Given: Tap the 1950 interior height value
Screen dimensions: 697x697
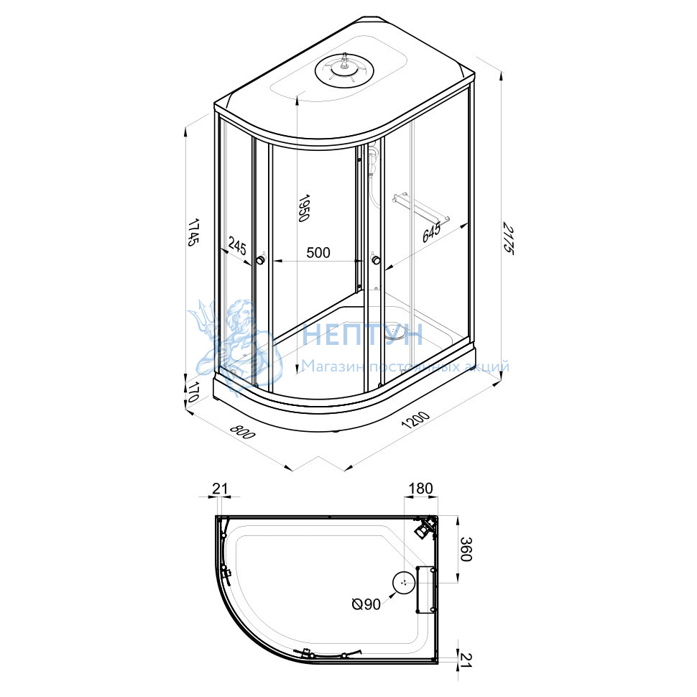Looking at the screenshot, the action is (304, 208).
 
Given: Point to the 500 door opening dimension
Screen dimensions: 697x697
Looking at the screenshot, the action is (318, 252).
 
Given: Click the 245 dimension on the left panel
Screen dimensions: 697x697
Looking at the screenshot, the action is (237, 245).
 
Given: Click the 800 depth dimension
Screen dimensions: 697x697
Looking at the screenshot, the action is (243, 431).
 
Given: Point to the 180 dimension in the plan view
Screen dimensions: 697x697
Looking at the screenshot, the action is (420, 488).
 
